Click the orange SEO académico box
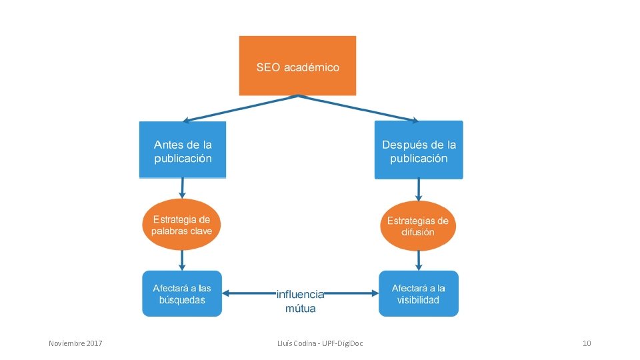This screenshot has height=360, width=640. click(297, 65)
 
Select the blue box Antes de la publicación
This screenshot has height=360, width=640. click(183, 150)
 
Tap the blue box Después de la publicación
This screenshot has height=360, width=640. click(419, 150)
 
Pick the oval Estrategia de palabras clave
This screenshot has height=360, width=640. click(181, 225)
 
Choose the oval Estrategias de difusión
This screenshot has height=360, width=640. click(418, 226)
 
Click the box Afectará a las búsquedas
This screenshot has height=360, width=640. click(181, 293)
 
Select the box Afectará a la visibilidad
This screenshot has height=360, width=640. click(419, 293)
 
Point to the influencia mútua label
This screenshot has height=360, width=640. click(300, 301)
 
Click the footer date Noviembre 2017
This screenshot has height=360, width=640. click(76, 343)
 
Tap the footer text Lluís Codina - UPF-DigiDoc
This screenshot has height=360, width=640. click(325, 343)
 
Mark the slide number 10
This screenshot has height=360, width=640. click(587, 343)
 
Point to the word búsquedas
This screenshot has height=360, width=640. click(181, 300)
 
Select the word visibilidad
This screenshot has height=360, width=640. click(419, 300)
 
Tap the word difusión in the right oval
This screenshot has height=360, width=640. click(418, 232)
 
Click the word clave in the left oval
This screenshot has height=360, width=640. click(199, 231)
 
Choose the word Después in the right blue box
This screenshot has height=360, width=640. click(403, 145)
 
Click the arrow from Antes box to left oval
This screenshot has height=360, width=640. click(182, 188)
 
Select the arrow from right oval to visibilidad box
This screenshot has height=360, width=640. click(419, 260)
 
